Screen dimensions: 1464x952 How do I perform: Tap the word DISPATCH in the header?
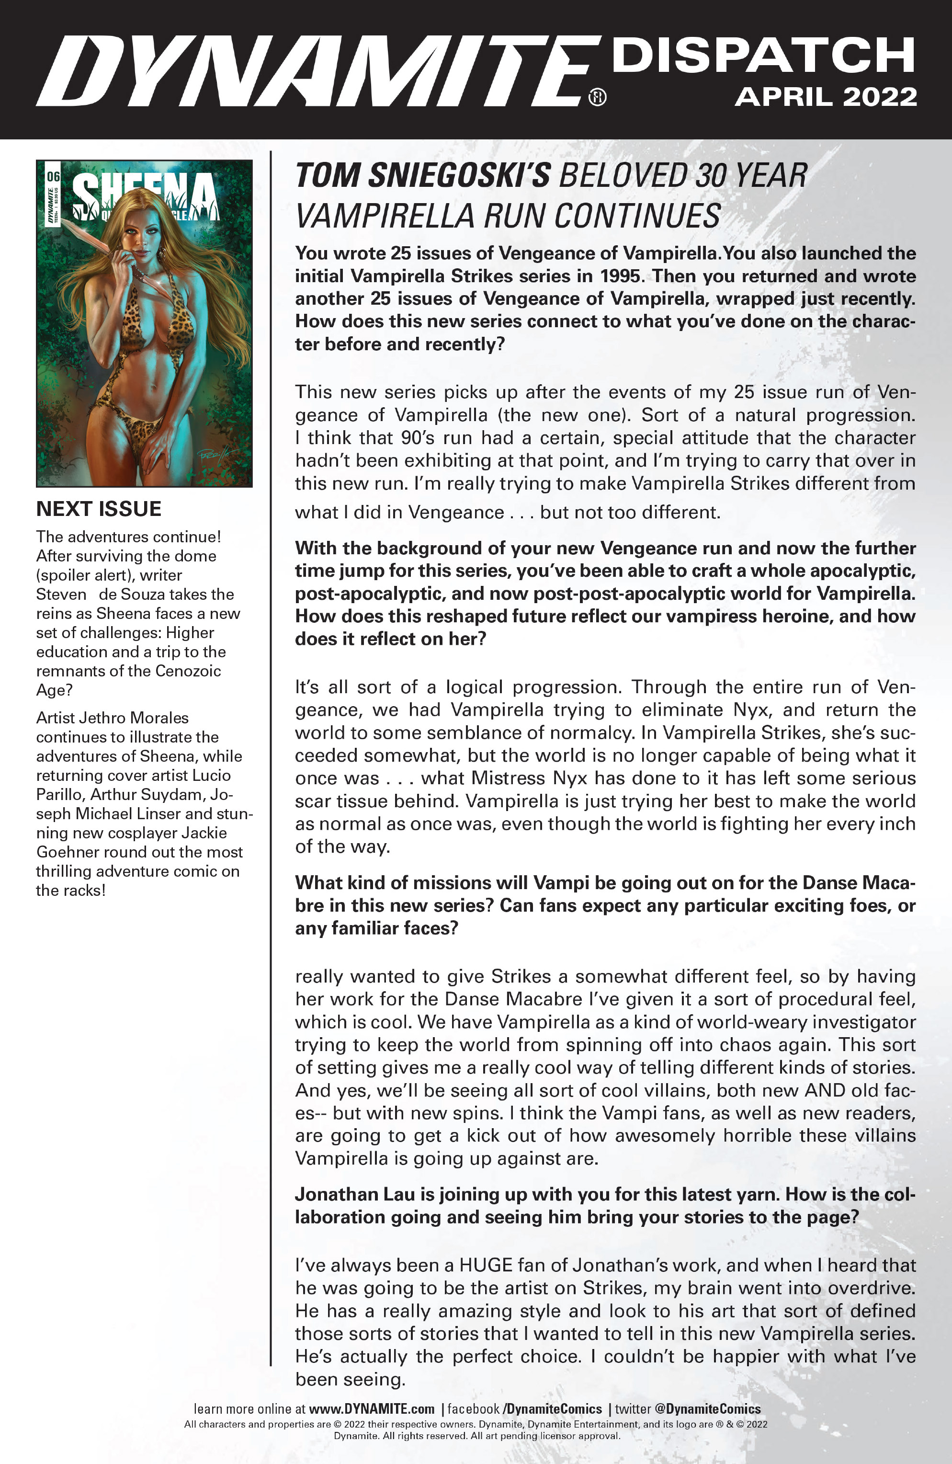(x=762, y=56)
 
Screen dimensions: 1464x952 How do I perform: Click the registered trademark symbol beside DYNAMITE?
(x=597, y=97)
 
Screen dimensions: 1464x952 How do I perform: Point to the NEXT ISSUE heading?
(x=98, y=509)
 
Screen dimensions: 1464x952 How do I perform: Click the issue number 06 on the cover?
(x=54, y=177)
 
